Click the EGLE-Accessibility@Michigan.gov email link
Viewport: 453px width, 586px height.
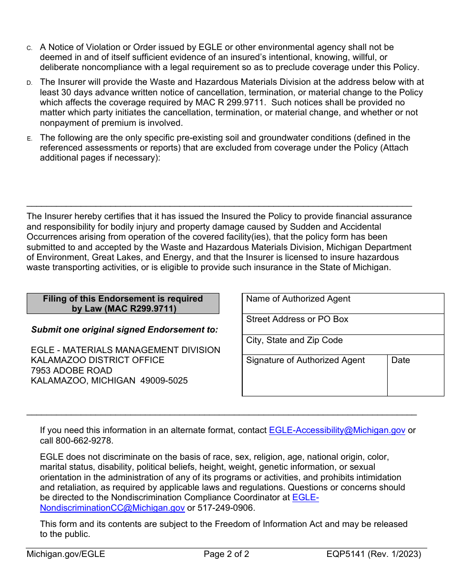[337, 430]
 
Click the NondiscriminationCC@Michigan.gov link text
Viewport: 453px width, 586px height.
[112, 508]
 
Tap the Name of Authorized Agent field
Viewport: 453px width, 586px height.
[343, 303]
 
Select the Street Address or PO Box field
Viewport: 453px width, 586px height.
[343, 324]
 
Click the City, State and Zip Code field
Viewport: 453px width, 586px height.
[343, 344]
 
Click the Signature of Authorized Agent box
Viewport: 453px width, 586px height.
[315, 375]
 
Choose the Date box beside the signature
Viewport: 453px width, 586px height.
[415, 375]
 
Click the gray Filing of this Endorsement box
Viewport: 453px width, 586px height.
[123, 303]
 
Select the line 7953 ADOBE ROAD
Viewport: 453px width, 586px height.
[72, 371]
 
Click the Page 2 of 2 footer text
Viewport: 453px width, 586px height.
[226, 554]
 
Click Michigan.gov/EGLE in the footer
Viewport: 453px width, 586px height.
[66, 554]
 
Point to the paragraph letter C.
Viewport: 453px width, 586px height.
[29, 48]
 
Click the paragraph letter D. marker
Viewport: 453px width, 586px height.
[29, 83]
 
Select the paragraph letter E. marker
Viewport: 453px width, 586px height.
[29, 139]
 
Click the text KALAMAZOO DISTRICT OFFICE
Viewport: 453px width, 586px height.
[98, 360]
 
